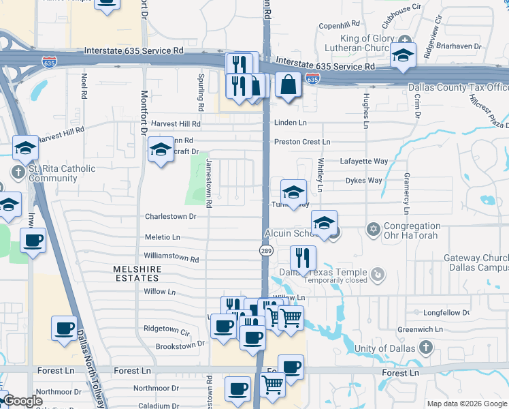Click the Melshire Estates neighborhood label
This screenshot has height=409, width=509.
coord(137,274)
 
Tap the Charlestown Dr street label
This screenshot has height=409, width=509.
coord(170,217)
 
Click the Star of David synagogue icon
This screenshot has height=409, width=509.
coord(372,228)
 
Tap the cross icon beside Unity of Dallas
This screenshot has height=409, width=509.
coord(425,348)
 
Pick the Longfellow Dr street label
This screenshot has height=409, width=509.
coord(446,313)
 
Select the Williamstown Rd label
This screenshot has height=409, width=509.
coord(171,259)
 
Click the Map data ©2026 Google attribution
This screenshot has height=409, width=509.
coord(466,404)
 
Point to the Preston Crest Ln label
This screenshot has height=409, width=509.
coord(301,142)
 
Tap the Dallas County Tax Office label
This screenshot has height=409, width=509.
coord(458,88)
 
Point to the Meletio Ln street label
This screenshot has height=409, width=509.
coord(163,237)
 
